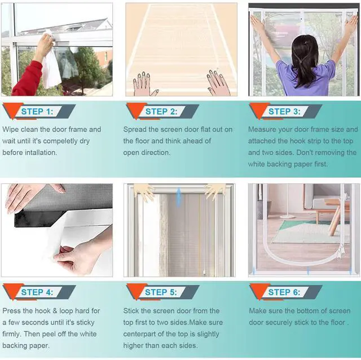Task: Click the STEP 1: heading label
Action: pyautogui.click(x=37, y=112)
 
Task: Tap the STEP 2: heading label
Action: pyautogui.click(x=161, y=112)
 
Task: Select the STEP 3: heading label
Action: pyautogui.click(x=284, y=112)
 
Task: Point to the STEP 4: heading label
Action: pyautogui.click(x=37, y=292)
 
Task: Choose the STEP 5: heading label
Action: pyautogui.click(x=161, y=292)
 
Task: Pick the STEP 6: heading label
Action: pyautogui.click(x=284, y=292)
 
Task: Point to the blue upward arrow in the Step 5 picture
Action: pyautogui.click(x=178, y=197)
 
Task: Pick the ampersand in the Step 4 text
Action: pyautogui.click(x=55, y=311)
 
